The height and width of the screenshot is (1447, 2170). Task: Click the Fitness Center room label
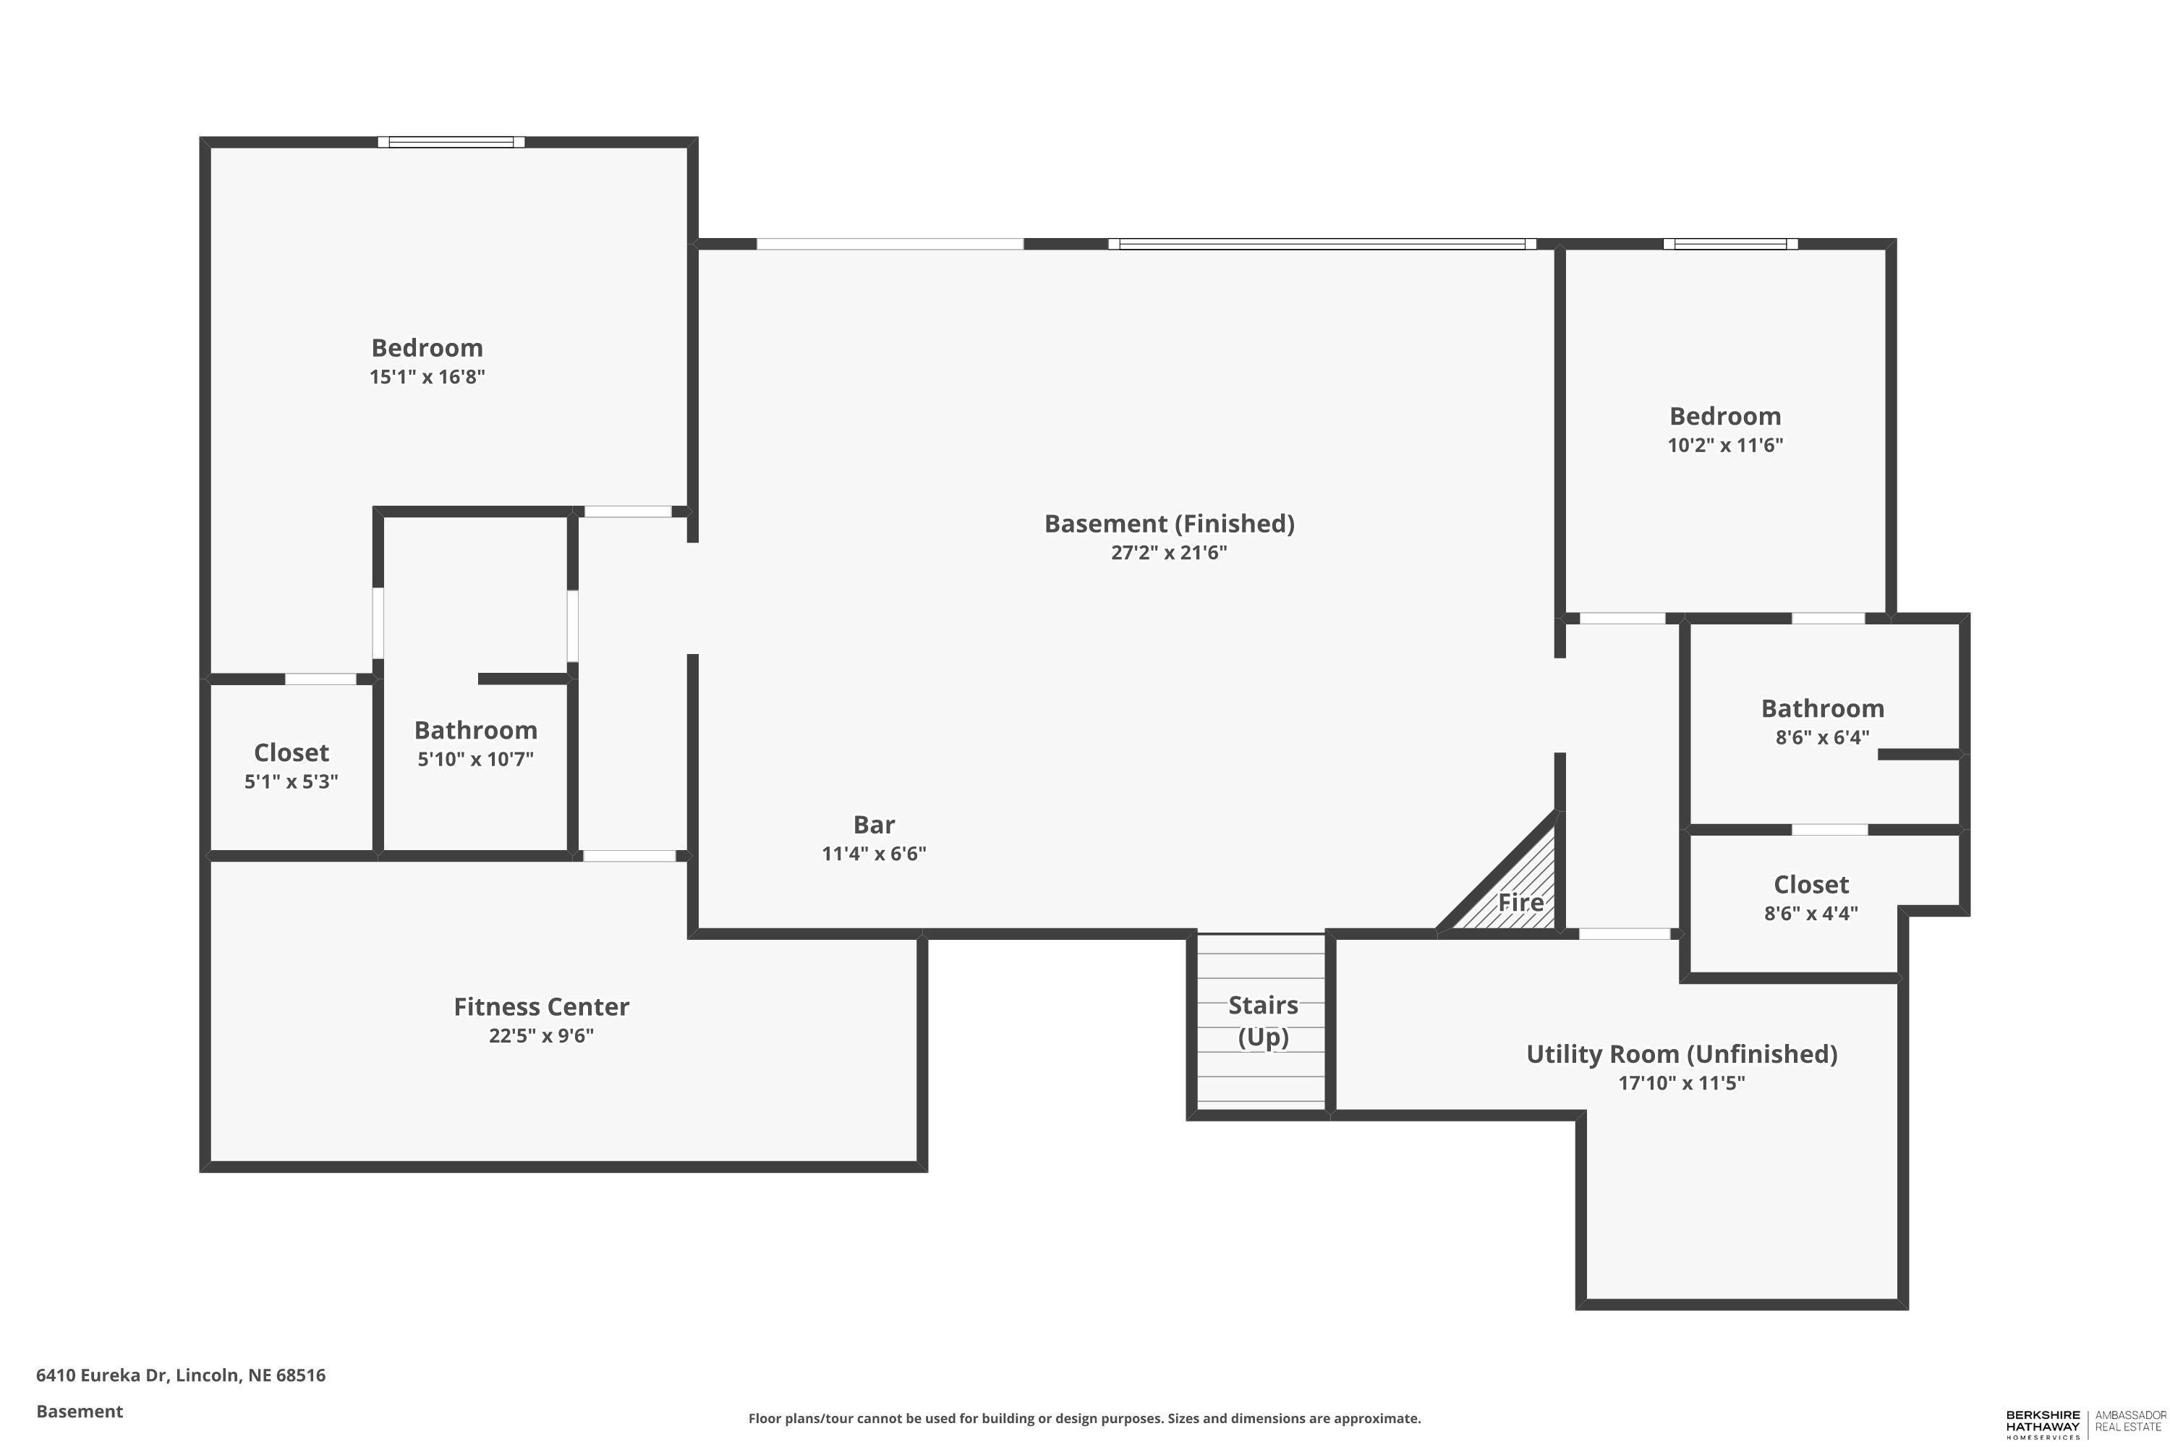coord(542,1007)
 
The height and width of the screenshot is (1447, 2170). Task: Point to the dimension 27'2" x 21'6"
coord(1169,553)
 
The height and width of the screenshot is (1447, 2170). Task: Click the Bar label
coord(874,824)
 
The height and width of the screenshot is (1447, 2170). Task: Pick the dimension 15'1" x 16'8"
coord(427,376)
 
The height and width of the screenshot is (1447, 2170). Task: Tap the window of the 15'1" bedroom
coord(451,142)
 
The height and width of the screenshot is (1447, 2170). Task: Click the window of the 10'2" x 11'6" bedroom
coord(1730,245)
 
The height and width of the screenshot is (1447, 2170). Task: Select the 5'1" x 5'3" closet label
coord(292,753)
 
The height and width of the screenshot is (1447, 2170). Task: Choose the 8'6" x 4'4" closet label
coord(1811,885)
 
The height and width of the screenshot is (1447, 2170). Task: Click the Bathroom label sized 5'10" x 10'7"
coord(475,730)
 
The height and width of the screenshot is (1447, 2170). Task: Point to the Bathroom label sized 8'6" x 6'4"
coord(1822,709)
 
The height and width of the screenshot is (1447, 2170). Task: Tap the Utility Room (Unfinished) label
coord(1681,1054)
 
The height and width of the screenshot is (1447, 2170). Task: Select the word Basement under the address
coord(80,1411)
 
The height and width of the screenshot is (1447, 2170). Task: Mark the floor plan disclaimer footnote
coord(1084,1418)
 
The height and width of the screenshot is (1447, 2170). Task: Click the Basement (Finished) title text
coord(1169,524)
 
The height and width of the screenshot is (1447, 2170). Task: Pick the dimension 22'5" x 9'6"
coord(542,1035)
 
